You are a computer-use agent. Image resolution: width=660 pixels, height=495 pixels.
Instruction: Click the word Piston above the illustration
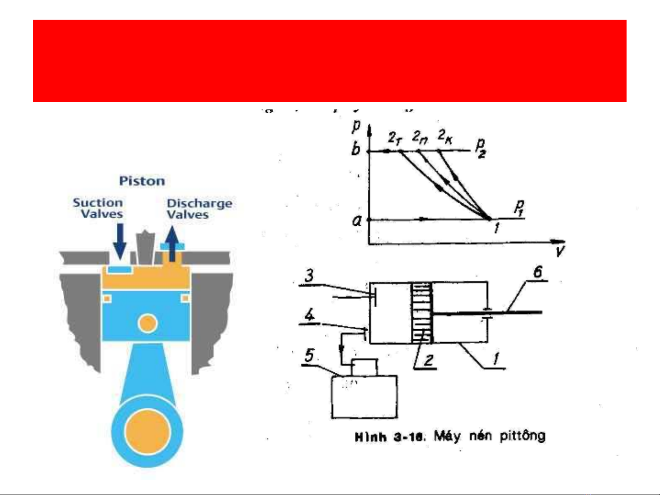click(x=142, y=181)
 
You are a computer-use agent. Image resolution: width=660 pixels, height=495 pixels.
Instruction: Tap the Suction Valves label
click(x=98, y=208)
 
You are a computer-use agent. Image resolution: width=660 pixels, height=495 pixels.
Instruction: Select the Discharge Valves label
click(x=199, y=209)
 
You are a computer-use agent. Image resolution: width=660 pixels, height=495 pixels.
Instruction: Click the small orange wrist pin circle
click(x=147, y=324)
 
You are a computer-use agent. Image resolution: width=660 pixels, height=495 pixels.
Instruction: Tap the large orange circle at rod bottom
click(x=147, y=432)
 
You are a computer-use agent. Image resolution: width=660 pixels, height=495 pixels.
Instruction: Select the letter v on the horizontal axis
click(x=559, y=251)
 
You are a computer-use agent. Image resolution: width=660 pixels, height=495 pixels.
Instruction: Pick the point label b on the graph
click(x=356, y=149)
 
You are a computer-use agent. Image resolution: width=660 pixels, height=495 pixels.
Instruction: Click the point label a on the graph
click(x=357, y=221)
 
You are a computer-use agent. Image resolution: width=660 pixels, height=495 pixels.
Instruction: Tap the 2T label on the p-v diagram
click(x=395, y=137)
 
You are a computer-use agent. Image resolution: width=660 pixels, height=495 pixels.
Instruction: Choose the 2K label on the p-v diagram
click(x=445, y=136)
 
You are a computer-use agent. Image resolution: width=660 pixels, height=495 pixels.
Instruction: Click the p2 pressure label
click(x=480, y=147)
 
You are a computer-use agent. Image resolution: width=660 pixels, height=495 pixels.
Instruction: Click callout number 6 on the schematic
click(x=537, y=272)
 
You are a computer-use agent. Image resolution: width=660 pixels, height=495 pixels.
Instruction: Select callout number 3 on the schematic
click(x=309, y=276)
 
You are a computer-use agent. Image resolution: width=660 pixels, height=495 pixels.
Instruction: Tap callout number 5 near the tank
click(x=310, y=355)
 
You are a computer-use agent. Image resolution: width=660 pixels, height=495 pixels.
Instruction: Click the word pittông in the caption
click(x=522, y=435)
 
